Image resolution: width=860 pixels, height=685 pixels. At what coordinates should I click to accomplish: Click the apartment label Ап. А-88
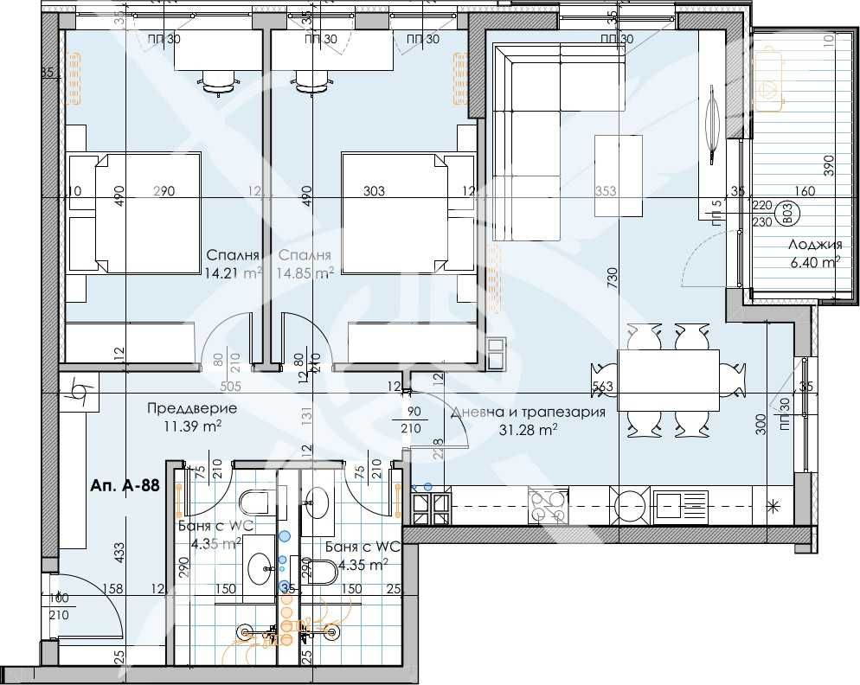(x=124, y=486)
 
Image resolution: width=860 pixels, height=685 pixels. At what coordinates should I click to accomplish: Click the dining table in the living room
(x=668, y=380)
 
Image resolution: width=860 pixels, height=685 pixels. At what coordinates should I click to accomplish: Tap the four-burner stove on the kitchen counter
(x=548, y=505)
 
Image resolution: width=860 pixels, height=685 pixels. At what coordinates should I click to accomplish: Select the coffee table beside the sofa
(x=619, y=176)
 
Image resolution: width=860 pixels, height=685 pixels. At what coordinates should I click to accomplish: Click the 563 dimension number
(x=603, y=387)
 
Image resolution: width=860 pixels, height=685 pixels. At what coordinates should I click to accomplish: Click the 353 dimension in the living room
(x=606, y=192)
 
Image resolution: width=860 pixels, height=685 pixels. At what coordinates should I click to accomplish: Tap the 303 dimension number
(x=375, y=192)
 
